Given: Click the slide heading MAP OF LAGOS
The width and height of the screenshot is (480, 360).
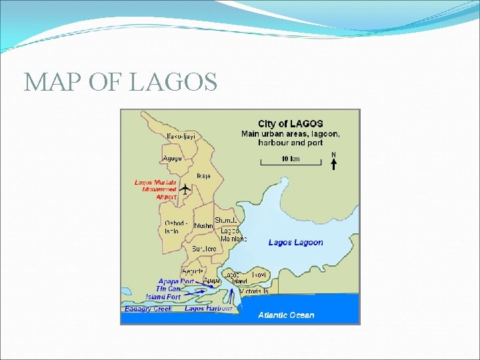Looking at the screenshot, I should click(121, 82).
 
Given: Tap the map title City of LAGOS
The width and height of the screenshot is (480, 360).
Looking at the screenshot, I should click(291, 123).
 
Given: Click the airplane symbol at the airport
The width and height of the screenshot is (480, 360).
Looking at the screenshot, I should click(185, 189).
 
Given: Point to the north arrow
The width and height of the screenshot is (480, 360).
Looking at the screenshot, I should click(333, 162).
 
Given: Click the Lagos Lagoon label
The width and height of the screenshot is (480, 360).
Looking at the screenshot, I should click(295, 242).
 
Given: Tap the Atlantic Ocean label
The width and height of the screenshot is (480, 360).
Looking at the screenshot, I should click(286, 315).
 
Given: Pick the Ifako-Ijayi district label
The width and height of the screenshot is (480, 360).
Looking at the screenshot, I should click(181, 137).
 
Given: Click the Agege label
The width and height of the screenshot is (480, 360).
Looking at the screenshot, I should click(172, 159).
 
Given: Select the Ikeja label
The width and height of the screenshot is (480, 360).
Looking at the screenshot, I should click(203, 176).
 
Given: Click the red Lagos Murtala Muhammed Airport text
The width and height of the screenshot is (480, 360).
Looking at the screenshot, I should click(157, 189).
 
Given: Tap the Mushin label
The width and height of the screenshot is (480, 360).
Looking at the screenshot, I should click(203, 226).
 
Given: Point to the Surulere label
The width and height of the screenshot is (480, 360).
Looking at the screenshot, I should click(204, 249).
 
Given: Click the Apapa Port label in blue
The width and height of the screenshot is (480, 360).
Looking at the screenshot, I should click(176, 281).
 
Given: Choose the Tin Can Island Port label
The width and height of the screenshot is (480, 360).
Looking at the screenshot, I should click(165, 293).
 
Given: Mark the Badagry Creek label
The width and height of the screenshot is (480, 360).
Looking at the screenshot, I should click(148, 309).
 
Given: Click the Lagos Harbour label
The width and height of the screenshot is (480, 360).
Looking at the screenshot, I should click(207, 309).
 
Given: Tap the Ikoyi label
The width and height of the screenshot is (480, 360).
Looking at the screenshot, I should click(259, 274).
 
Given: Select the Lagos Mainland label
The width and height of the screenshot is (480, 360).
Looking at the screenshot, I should click(232, 235).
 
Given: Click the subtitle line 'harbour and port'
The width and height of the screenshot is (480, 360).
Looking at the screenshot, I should click(291, 143).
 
